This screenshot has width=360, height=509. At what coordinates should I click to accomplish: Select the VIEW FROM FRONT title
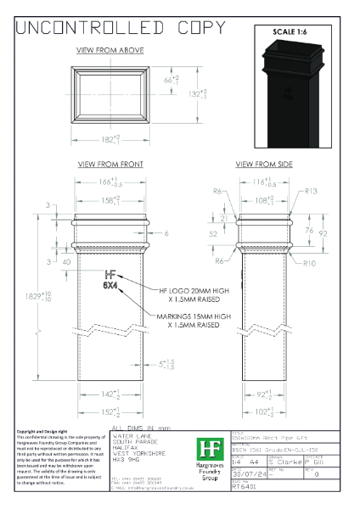click(110, 164)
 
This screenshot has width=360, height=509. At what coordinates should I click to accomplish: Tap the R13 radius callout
click(310, 192)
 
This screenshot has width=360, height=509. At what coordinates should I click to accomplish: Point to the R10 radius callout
click(310, 264)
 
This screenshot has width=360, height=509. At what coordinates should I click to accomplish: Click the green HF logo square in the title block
click(206, 450)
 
